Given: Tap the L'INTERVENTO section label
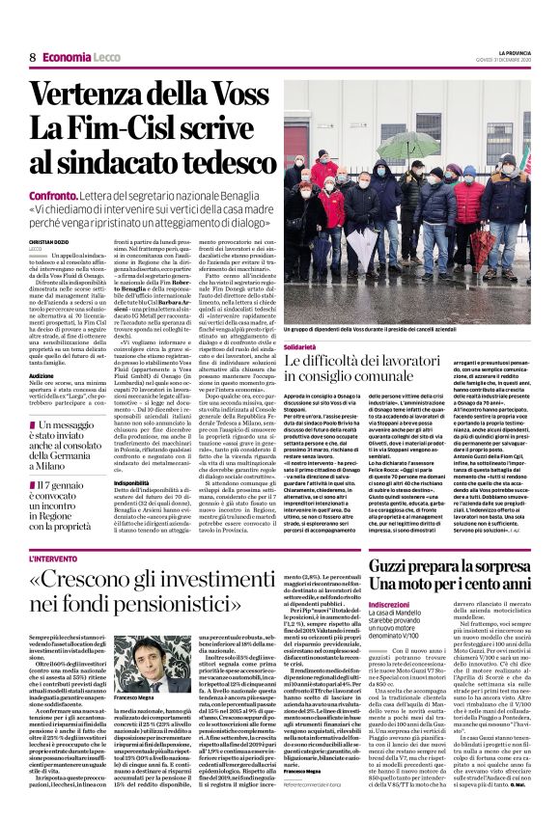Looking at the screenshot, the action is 52,559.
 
